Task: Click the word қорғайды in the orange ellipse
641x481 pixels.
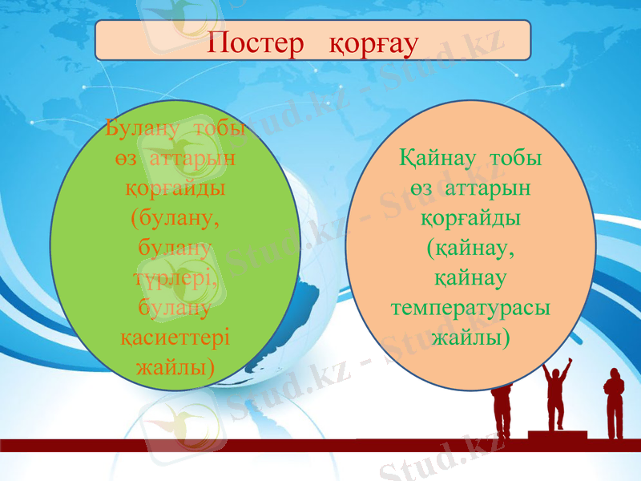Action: [x=470, y=218]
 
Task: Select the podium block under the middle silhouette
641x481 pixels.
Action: [x=557, y=435]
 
